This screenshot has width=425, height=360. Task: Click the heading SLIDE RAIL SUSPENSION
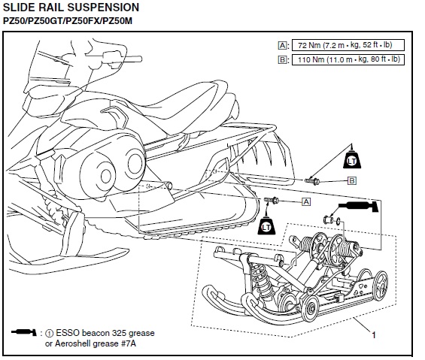[71, 8]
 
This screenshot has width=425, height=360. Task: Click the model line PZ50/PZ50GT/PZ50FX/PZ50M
[68, 21]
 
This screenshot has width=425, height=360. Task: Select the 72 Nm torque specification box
[348, 45]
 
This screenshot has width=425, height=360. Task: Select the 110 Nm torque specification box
[348, 59]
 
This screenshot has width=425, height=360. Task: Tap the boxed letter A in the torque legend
[282, 46]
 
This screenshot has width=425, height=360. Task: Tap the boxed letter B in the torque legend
[282, 59]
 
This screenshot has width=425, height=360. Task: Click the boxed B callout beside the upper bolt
[352, 180]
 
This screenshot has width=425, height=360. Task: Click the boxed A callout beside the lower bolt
[306, 202]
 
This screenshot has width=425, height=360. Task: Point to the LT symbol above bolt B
[352, 159]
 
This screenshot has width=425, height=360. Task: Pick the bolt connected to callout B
[312, 181]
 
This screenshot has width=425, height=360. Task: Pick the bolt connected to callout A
[272, 201]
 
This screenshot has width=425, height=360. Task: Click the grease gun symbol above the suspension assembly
[358, 206]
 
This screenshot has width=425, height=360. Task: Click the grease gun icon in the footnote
[24, 332]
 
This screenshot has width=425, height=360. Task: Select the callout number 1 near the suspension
[374, 335]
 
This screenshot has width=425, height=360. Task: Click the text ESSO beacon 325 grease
[105, 333]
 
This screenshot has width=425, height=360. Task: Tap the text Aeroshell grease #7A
[96, 343]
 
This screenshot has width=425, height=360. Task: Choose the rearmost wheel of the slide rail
[380, 286]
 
